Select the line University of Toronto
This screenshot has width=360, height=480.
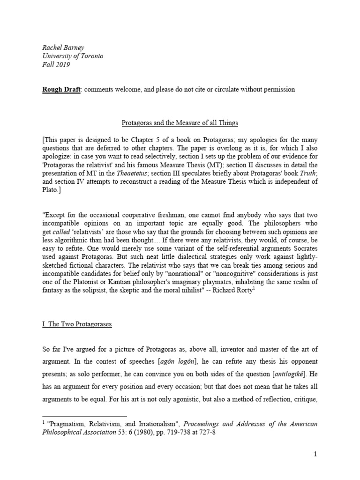point(73,56)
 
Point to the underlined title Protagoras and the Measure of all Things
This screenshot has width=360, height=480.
point(180,123)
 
